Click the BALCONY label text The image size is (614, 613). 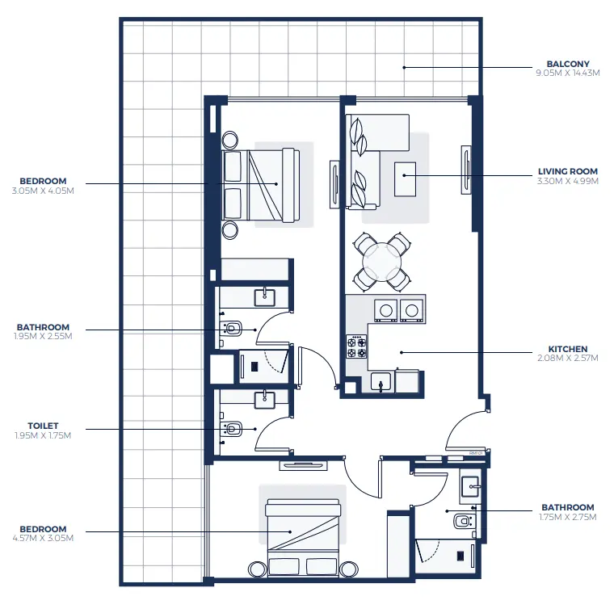567,64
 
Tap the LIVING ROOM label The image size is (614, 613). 567,171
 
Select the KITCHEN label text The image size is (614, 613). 567,350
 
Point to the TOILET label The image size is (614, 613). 44,426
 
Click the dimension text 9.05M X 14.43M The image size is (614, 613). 567,73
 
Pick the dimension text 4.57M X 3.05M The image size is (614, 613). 44,537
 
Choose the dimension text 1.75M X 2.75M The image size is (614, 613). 567,517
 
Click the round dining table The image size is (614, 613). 381,261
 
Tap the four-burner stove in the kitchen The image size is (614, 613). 356,347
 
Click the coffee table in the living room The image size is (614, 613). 405,178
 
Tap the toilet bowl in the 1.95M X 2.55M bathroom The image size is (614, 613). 233,329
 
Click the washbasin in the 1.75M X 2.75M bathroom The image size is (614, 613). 469,486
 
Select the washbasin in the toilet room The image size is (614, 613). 265,399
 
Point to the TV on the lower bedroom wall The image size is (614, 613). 303,465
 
